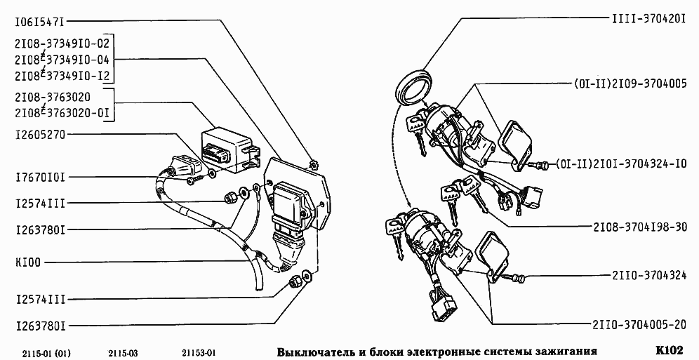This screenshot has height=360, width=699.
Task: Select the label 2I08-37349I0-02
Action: pyautogui.click(x=62, y=44)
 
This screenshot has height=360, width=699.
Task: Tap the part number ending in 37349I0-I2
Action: pyautogui.click(x=62, y=75)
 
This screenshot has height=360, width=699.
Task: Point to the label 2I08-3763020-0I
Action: pyautogui.click(x=62, y=111)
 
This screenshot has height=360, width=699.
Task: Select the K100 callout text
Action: pyautogui.click(x=28, y=263)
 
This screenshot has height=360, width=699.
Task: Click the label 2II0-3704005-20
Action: pyautogui.click(x=639, y=325)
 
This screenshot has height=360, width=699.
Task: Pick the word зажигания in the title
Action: pyautogui.click(x=565, y=350)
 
